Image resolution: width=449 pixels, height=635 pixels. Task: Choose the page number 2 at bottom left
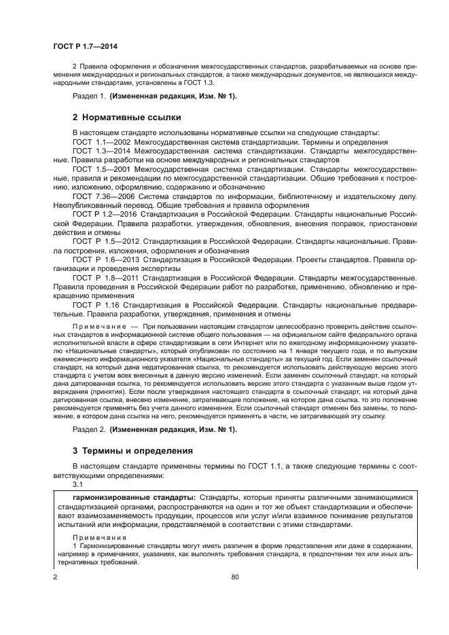coord(55,576)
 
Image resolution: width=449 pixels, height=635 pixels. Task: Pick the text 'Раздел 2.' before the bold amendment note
coord(88,430)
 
